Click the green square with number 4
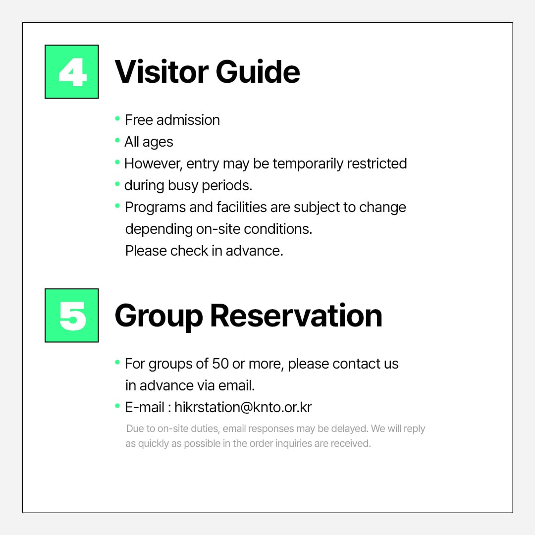(72, 72)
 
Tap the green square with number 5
(72, 315)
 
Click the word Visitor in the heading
(161, 72)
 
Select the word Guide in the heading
(258, 72)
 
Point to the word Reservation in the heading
(296, 316)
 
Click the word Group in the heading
(159, 318)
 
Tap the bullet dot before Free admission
(117, 119)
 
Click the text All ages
(149, 142)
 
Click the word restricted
(377, 163)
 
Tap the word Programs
(155, 208)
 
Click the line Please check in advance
(204, 251)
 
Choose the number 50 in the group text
(220, 364)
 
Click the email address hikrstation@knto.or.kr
(243, 407)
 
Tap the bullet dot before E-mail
(117, 406)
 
